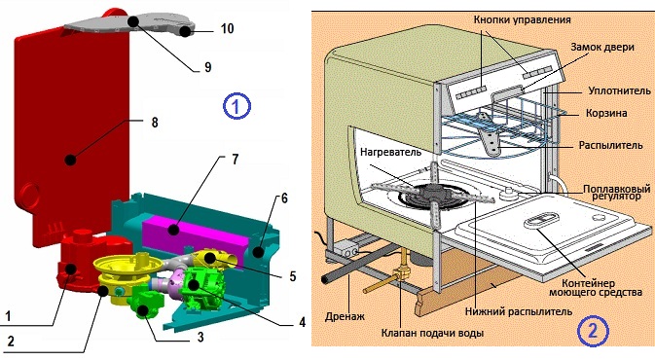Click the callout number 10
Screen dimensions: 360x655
227,30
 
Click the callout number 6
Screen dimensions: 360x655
283,198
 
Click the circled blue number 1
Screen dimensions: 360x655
237,104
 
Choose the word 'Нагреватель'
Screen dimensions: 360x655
388,152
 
